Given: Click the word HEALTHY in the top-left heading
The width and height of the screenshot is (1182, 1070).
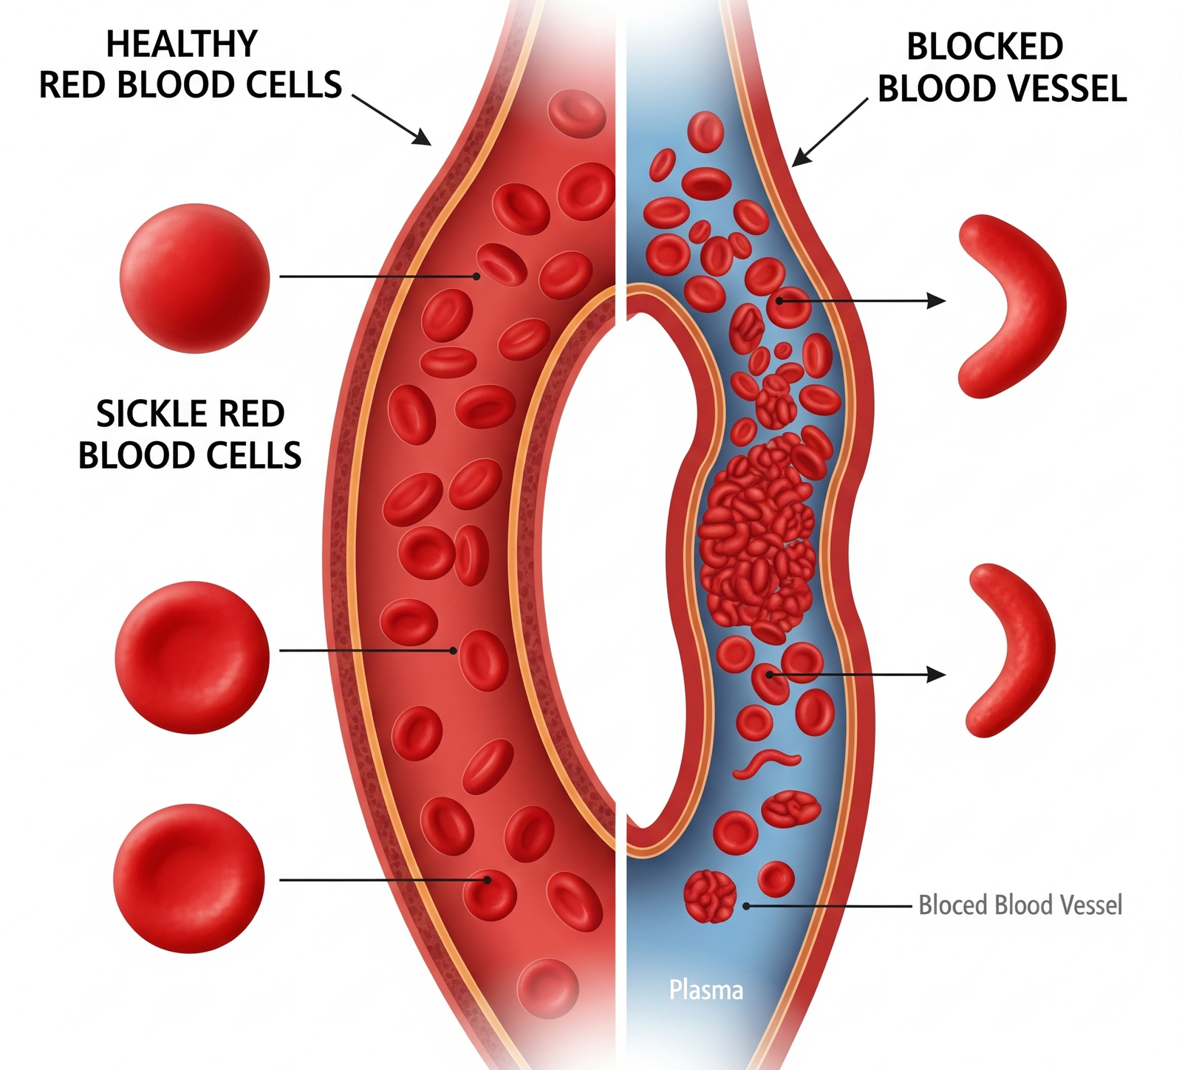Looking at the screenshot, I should [182, 44].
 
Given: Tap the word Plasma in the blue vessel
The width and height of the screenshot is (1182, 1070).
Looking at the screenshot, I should [706, 989].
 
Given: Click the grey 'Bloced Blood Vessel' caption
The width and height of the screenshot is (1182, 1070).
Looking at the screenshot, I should [1019, 904].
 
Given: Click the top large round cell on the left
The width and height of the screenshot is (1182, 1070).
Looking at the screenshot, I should [194, 278].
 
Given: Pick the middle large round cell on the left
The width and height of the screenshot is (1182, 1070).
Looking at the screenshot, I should [192, 657].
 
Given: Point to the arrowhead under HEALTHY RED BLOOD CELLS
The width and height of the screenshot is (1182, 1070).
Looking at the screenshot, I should [423, 138].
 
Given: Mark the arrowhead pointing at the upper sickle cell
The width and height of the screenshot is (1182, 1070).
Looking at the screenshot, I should [937, 301].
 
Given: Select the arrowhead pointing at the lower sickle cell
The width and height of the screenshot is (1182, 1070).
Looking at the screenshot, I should [937, 674].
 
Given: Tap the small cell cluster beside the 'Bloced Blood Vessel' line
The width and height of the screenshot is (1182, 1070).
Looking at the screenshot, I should [710, 896].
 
